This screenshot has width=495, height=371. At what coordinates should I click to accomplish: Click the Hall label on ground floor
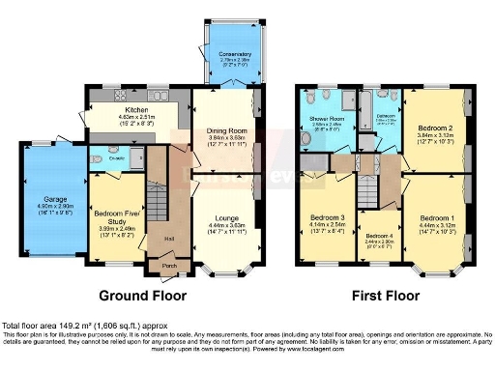tap(169, 239)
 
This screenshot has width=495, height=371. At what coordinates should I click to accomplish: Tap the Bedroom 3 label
tap(329, 218)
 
